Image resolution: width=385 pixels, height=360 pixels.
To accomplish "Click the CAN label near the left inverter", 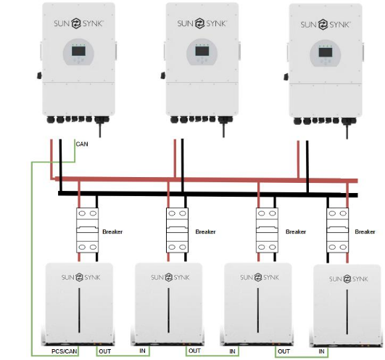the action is coord(82,144).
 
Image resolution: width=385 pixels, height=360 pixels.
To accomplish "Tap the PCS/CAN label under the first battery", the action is coord(64,351).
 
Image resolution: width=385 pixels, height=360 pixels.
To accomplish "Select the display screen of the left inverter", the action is coord(78,51).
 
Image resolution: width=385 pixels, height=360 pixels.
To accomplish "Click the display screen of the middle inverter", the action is coord(202,51).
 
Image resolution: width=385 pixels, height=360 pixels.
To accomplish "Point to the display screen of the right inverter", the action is coord(326,52).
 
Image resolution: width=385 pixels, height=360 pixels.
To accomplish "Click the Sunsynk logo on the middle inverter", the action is coord(202,23).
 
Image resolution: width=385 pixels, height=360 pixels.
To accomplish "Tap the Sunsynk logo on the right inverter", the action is coord(325,25).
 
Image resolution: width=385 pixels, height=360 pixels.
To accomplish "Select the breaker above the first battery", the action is coord(88,230).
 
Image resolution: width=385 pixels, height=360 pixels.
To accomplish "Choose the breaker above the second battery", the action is coord(178,230).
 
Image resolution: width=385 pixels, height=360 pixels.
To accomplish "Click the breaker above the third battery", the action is coord(267,230).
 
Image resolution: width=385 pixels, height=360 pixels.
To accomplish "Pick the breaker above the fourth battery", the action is coord(338,230).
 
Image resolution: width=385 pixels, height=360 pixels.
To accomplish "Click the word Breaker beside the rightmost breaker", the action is coord(365,232).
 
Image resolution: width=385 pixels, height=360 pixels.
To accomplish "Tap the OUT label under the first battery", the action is coord(105,351).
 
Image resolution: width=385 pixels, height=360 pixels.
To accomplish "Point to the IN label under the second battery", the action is coord(142,351).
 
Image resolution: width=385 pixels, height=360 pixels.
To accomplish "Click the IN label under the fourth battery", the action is coord(321,351).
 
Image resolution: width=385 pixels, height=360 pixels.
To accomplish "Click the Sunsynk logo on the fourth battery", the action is coord(349,279).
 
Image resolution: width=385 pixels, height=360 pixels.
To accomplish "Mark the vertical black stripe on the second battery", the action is coord(168,311).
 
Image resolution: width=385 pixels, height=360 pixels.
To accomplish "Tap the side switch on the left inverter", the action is coord(39,75).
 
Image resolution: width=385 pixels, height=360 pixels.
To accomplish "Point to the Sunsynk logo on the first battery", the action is coord(80,277).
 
